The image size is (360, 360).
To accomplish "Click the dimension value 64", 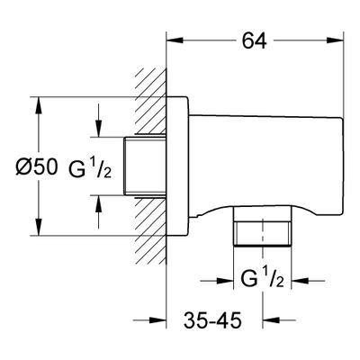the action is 254,40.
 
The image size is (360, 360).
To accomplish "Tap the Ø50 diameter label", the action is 37,166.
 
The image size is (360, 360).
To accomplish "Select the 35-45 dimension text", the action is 212,320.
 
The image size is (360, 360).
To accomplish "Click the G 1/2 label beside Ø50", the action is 90,169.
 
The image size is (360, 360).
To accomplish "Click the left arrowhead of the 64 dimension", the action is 175,40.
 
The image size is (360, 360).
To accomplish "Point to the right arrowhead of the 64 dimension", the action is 335,40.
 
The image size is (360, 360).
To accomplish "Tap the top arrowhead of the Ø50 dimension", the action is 38,105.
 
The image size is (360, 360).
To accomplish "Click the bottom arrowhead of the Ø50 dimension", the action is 38,227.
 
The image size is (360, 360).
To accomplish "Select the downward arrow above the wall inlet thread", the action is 98,121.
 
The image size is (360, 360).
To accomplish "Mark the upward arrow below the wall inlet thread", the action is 98,211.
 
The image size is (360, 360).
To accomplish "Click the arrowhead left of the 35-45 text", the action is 157,320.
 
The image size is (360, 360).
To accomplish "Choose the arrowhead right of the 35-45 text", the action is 271,320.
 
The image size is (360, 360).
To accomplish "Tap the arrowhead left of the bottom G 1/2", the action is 225,281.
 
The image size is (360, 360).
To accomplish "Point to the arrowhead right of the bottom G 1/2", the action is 300,281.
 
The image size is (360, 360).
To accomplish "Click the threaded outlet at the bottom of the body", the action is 263,226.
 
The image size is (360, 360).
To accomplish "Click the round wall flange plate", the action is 177,166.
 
